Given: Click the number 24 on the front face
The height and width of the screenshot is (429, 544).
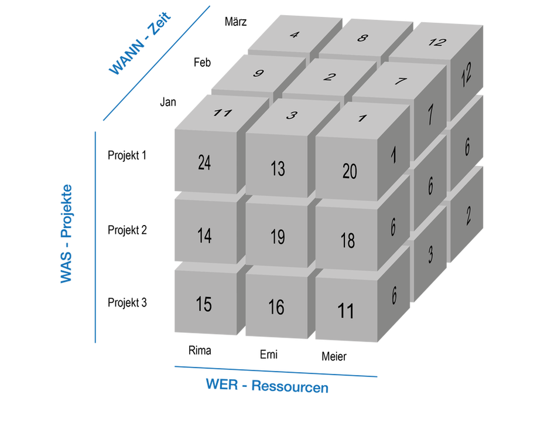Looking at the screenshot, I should click(x=204, y=163).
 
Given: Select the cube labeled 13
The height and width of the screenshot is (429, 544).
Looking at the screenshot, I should click(x=278, y=168).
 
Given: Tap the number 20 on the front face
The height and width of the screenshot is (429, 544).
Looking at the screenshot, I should click(x=349, y=171).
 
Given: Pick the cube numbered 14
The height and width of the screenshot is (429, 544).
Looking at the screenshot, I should click(x=204, y=236).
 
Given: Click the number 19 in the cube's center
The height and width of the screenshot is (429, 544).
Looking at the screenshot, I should click(x=278, y=237).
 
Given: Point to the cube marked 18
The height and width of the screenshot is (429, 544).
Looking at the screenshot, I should click(x=348, y=240).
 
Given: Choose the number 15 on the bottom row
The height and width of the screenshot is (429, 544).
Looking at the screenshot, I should click(x=204, y=305).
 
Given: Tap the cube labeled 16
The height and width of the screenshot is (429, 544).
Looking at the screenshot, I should click(x=276, y=307).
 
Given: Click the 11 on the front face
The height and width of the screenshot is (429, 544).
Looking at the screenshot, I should click(x=346, y=311).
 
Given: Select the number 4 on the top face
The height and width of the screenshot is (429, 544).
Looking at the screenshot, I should click(x=294, y=35).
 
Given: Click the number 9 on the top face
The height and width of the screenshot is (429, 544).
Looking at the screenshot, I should click(x=258, y=74).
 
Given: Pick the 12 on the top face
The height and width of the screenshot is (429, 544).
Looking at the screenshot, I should click(x=436, y=43).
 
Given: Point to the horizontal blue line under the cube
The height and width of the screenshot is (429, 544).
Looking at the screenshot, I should click(x=275, y=371).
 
